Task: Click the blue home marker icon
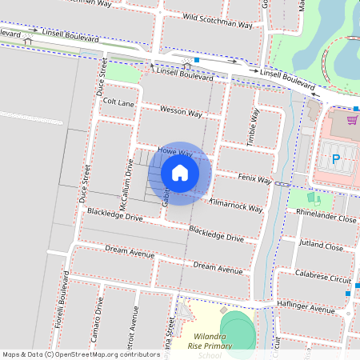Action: tap(180, 172)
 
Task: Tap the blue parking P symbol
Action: tap(336, 159)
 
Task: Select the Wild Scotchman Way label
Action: tap(218, 22)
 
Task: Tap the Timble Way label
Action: tap(254, 126)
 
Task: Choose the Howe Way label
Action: tap(175, 151)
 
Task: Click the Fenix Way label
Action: tap(255, 177)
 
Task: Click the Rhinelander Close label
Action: tap(326, 217)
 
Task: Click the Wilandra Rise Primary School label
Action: tap(212, 342)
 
